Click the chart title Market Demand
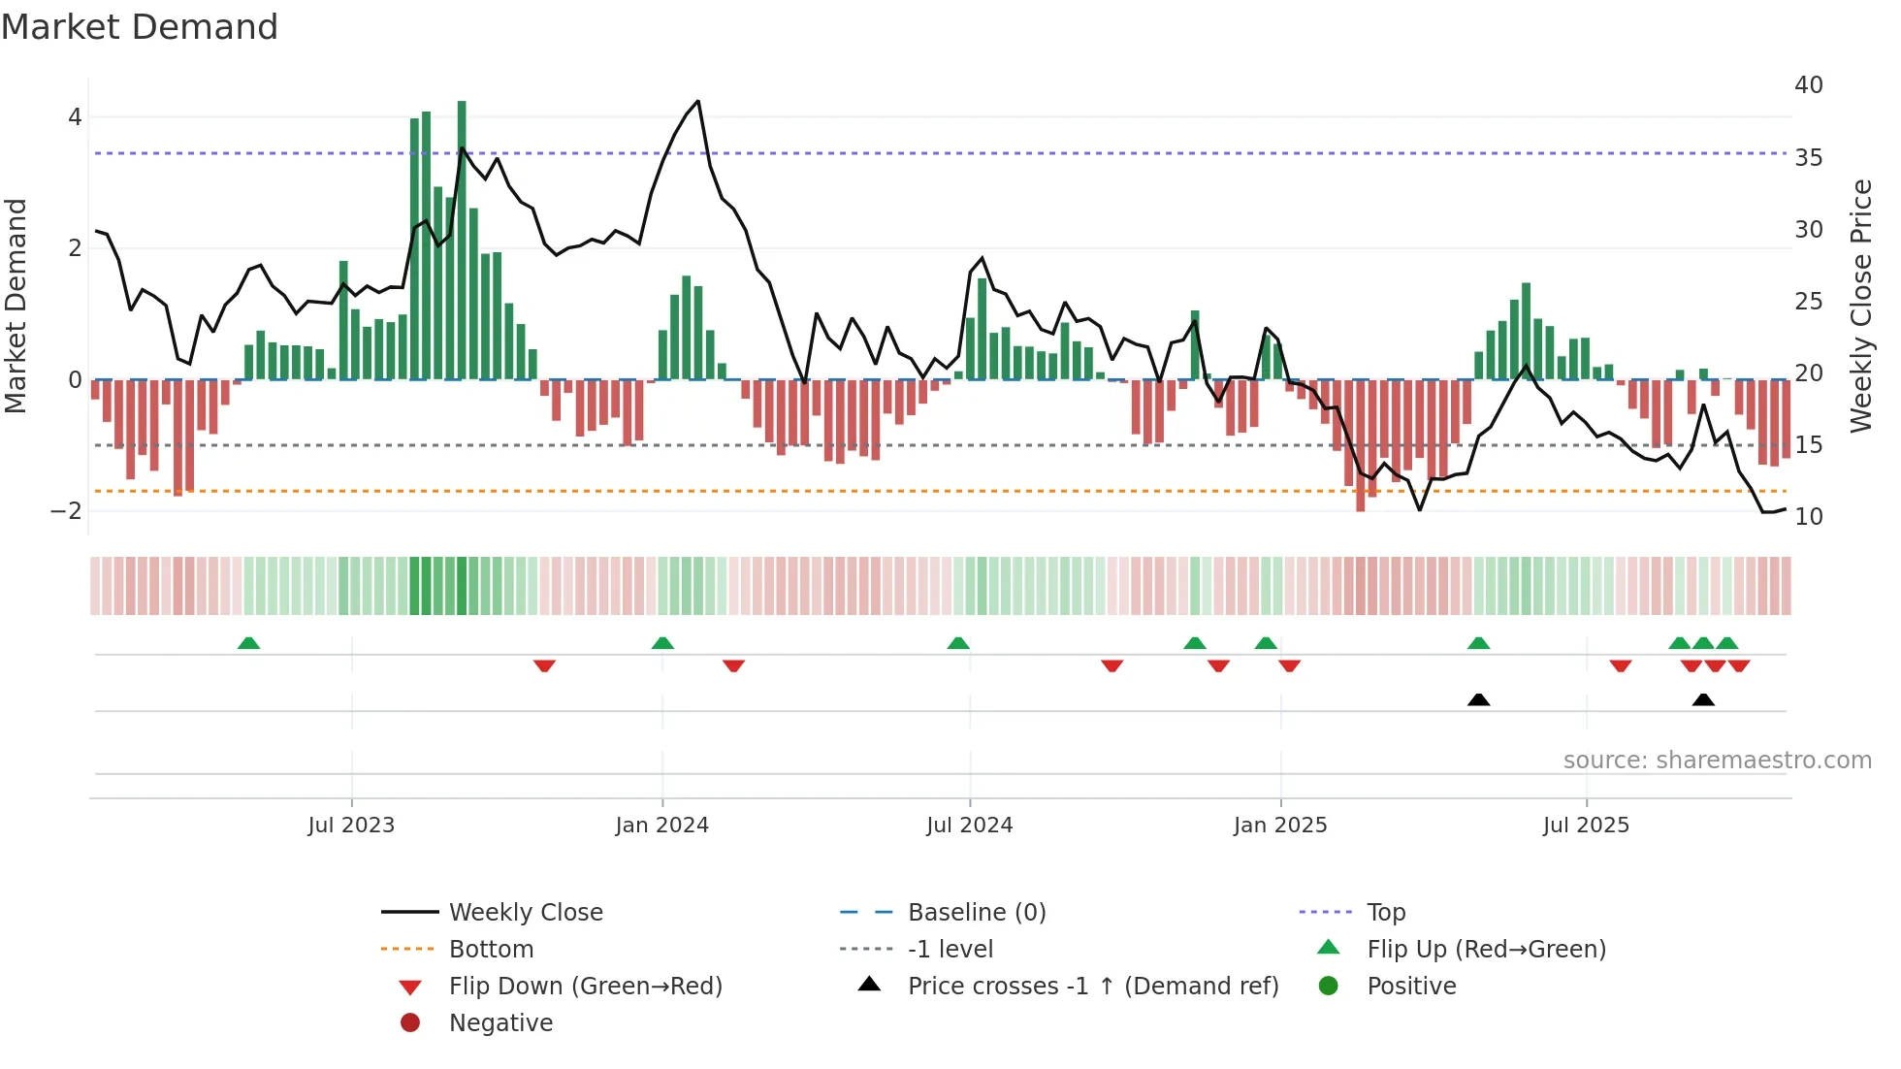pos(140,27)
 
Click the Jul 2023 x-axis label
pos(351,826)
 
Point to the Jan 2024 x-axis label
pos(661,826)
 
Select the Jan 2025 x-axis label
pos(1279,826)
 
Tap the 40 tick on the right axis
pos(1808,85)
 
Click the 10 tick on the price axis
pos(1808,517)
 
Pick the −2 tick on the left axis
pos(66,511)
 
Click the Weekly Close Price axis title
pos(1860,306)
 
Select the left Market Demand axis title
pos(16,306)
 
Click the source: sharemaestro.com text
pos(1717,761)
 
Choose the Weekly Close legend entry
pos(525,913)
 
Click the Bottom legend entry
pos(491,950)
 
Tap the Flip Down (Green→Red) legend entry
pos(585,987)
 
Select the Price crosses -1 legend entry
pos(1092,987)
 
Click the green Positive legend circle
pos(1328,987)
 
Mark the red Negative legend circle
pos(410,1023)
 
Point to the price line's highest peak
pos(697,102)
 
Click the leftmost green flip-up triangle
pos(248,643)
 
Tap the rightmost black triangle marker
pos(1703,700)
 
